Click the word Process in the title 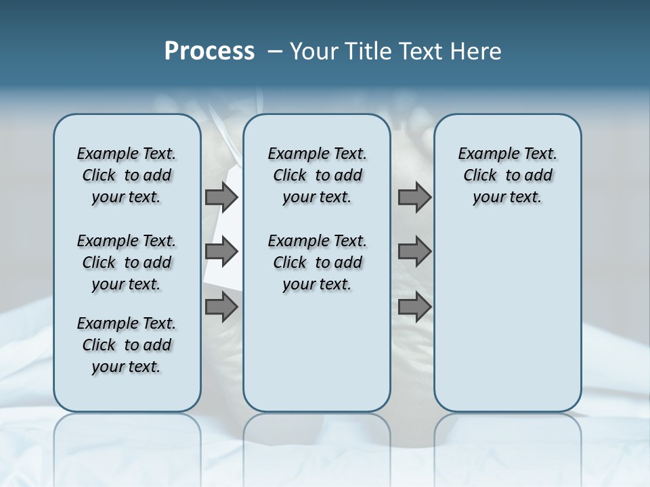click(209, 51)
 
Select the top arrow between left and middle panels click(221, 197)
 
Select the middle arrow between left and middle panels click(221, 252)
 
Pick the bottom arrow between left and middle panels click(221, 307)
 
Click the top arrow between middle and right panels click(414, 197)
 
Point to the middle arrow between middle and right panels click(414, 252)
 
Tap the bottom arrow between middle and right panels click(414, 307)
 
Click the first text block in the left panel click(127, 175)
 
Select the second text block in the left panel click(127, 262)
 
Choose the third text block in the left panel click(127, 345)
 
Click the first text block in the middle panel click(317, 175)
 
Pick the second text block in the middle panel click(317, 262)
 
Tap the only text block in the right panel click(508, 175)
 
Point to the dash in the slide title click(275, 51)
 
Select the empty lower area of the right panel click(508, 311)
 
